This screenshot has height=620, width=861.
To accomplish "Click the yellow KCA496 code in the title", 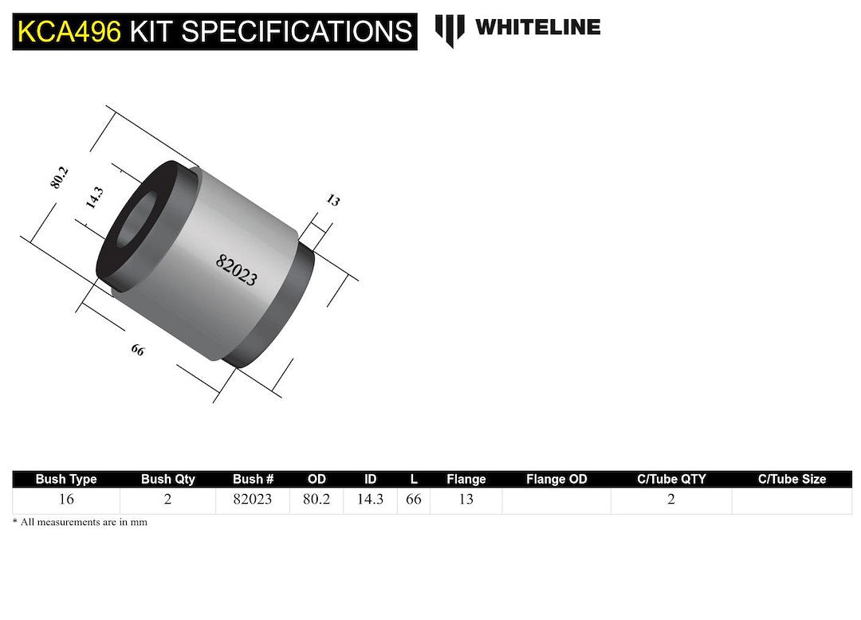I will click(x=69, y=31).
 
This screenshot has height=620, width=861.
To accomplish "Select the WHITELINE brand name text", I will click(x=537, y=27).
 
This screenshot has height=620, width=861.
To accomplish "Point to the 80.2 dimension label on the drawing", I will click(x=60, y=178).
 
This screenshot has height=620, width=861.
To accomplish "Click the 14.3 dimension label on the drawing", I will click(x=94, y=197).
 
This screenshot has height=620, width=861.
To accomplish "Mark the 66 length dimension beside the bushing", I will click(x=138, y=349).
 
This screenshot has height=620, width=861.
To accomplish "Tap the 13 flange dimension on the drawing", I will click(x=332, y=200).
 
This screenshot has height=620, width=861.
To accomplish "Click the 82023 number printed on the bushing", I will click(x=237, y=270).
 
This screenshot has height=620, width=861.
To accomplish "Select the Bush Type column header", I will click(x=66, y=479).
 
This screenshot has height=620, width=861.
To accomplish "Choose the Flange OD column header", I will click(x=556, y=479).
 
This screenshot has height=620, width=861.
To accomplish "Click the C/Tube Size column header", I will click(x=791, y=479).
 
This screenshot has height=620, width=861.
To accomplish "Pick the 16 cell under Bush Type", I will click(x=66, y=500).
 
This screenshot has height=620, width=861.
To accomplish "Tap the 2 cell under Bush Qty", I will click(x=167, y=500).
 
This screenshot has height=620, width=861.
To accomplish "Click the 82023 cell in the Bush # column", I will click(x=253, y=500).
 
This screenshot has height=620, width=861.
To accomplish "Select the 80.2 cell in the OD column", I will click(x=316, y=500).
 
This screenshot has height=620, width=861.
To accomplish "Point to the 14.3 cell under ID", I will click(x=370, y=500).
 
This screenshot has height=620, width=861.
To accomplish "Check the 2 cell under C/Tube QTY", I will click(x=670, y=500).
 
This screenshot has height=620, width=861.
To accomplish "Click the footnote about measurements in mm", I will click(x=80, y=522).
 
